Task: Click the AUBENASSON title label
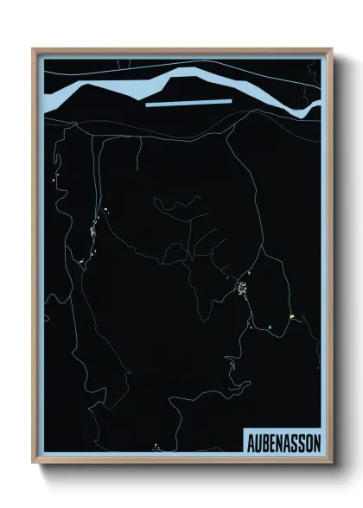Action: (x=282, y=440)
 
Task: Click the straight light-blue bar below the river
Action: (x=189, y=102)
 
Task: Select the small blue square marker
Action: (x=270, y=327)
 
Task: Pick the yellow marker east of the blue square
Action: (x=293, y=316)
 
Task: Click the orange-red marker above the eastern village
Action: (x=249, y=273)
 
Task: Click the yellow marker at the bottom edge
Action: (x=156, y=447)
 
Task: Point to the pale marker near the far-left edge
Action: (x=56, y=181)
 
